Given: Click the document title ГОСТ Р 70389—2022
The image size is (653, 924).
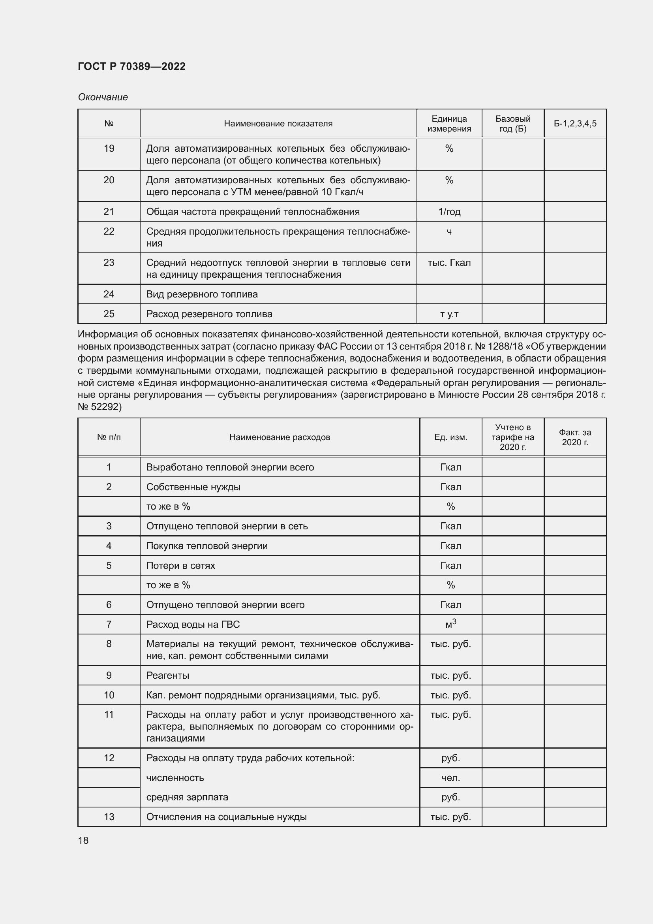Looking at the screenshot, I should pyautogui.click(x=131, y=66).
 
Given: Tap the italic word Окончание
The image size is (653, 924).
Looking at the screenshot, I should pyautogui.click(x=103, y=97).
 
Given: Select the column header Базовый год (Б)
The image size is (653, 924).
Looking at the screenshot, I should pyautogui.click(x=513, y=124).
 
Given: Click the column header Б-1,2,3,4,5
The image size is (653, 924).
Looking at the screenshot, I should pyautogui.click(x=575, y=124).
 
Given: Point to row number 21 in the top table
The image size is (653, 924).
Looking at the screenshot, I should pyautogui.click(x=109, y=212).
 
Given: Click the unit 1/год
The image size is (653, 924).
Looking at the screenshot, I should pyautogui.click(x=449, y=212).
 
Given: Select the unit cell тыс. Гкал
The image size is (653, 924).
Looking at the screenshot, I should pyautogui.click(x=449, y=263).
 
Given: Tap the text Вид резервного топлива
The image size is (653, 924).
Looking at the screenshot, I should pyautogui.click(x=202, y=294).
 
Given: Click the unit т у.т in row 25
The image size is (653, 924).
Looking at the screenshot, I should pyautogui.click(x=449, y=314).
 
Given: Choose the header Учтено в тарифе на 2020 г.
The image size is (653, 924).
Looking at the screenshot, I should pyautogui.click(x=513, y=437).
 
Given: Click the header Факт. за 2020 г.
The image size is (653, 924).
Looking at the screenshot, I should pyautogui.click(x=575, y=437).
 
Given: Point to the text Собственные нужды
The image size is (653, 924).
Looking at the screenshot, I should pyautogui.click(x=193, y=487).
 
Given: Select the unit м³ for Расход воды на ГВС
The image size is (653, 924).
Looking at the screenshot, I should pyautogui.click(x=451, y=624).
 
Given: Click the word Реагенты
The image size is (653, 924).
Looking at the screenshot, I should pyautogui.click(x=168, y=675).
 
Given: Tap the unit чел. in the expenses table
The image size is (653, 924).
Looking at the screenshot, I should pyautogui.click(x=451, y=778).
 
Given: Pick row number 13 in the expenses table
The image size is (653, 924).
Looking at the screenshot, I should pyautogui.click(x=109, y=817).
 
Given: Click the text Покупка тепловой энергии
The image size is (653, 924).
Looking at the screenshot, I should pyautogui.click(x=206, y=546).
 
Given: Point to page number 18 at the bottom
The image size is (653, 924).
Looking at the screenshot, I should pyautogui.click(x=83, y=841).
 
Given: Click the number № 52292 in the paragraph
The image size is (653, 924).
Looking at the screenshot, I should pyautogui.click(x=99, y=407).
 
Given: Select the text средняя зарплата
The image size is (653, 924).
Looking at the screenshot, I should pyautogui.click(x=187, y=797).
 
